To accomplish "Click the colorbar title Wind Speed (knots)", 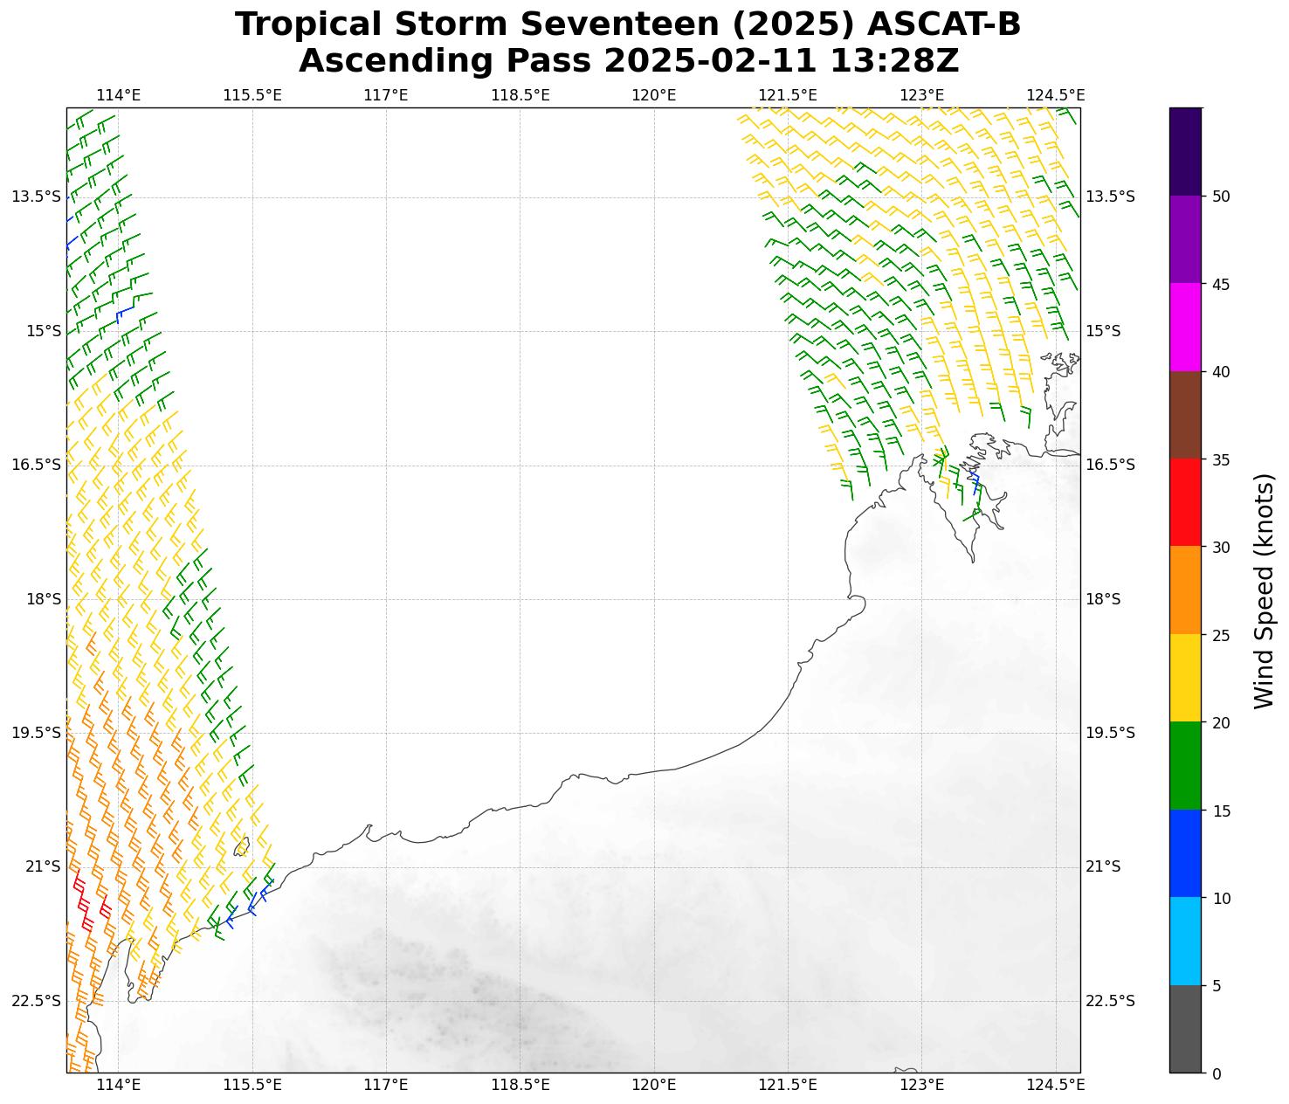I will pyautogui.click(x=1263, y=590).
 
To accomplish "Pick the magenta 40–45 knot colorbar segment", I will pyautogui.click(x=1185, y=328).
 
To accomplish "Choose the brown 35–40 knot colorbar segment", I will pyautogui.click(x=1185, y=416).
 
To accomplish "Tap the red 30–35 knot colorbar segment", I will pyautogui.click(x=1185, y=503).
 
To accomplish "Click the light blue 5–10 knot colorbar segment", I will pyautogui.click(x=1185, y=942).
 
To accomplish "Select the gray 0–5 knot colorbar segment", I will pyautogui.click(x=1185, y=1029).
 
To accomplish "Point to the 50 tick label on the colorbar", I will pyautogui.click(x=1222, y=197).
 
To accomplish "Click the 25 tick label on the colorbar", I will pyautogui.click(x=1222, y=635).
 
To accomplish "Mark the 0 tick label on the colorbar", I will pyautogui.click(x=1217, y=1073).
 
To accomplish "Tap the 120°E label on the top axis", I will pyautogui.click(x=654, y=95).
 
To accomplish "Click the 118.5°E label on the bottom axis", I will pyautogui.click(x=520, y=1086).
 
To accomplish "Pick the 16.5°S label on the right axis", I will pyautogui.click(x=1109, y=465).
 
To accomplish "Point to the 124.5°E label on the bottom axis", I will pyautogui.click(x=1056, y=1086).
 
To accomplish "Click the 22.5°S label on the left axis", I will pyautogui.click(x=37, y=1001).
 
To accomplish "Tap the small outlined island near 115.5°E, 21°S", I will pyautogui.click(x=242, y=846).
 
